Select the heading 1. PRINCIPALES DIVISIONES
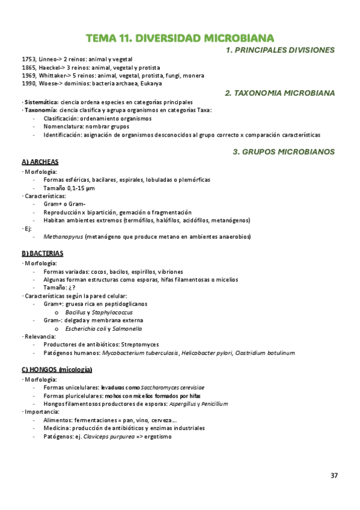(280, 51)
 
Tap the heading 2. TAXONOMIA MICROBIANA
(279, 93)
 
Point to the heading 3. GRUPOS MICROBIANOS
(284, 152)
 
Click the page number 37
(334, 476)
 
